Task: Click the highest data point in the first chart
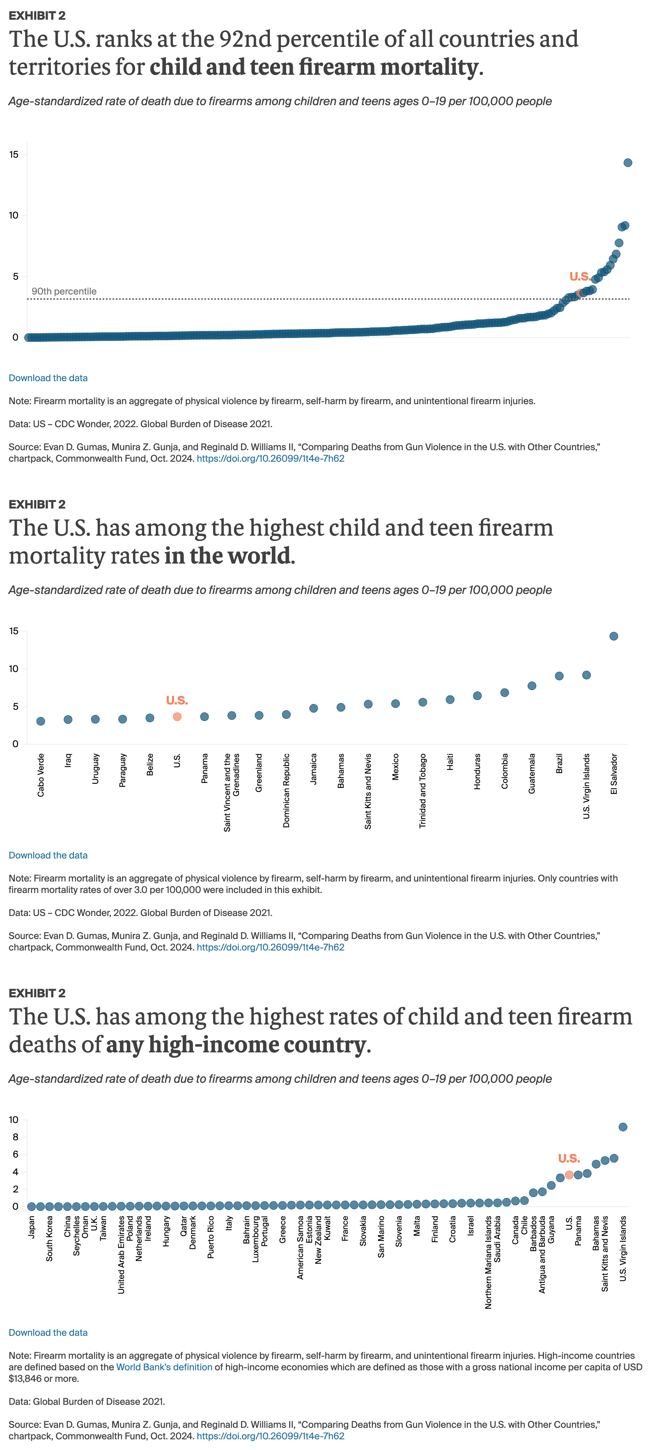point(627,163)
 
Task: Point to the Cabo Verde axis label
point(41,775)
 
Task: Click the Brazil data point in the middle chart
point(559,675)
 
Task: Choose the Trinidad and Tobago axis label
point(422,790)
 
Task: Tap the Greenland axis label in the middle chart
point(259,772)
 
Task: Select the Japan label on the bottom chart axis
point(32,1227)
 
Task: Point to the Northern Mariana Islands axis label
point(488,1261)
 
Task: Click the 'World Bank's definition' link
point(164,1367)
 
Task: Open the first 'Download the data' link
point(48,377)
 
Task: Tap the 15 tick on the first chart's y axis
point(14,154)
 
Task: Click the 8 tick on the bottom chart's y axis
point(15,1137)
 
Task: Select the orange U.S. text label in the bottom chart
point(568,1158)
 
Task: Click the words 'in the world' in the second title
point(228,556)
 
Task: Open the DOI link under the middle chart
point(270,947)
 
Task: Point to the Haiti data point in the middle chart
point(450,700)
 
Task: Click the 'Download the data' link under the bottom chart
point(48,1333)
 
